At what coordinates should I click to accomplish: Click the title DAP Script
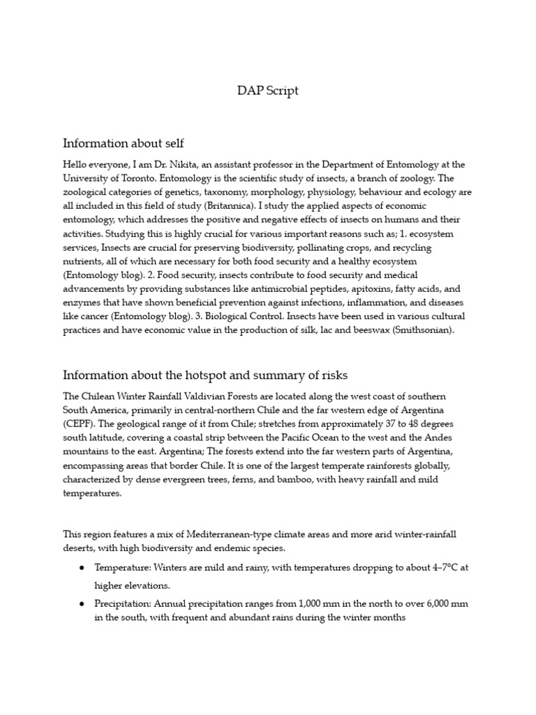(x=268, y=91)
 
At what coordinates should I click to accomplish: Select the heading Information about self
(x=124, y=143)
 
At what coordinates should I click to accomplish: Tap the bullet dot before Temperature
(x=82, y=568)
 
